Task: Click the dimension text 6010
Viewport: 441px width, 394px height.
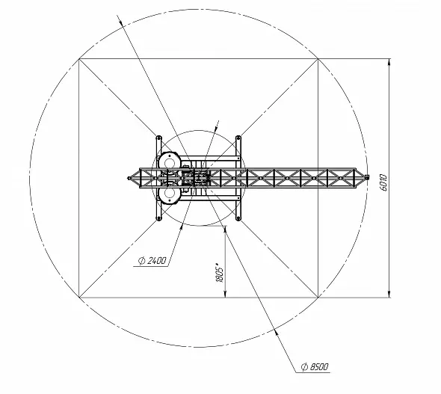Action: click(x=383, y=182)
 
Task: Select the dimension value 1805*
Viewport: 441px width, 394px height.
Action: click(x=220, y=273)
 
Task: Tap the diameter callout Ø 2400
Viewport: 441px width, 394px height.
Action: click(x=152, y=261)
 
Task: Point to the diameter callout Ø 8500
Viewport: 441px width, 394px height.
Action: click(x=315, y=367)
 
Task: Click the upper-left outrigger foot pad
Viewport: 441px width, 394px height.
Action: click(x=159, y=138)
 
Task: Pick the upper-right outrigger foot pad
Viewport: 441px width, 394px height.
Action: click(x=238, y=138)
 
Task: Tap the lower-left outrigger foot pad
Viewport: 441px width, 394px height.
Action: click(x=159, y=218)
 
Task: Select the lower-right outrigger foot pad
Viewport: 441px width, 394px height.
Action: click(x=238, y=218)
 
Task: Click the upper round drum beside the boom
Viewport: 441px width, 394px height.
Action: click(x=169, y=162)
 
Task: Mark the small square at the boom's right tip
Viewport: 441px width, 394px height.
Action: click(x=367, y=177)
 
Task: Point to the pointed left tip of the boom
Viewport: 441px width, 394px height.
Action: click(x=128, y=178)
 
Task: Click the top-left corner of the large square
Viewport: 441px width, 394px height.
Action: click(x=79, y=59)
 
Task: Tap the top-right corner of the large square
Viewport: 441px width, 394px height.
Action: click(x=318, y=59)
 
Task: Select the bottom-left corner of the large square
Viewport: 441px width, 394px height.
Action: click(x=79, y=298)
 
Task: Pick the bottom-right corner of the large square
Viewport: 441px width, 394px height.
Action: click(x=318, y=298)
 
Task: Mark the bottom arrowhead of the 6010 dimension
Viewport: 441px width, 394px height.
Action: click(x=389, y=294)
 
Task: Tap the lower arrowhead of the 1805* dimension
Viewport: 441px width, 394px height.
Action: click(x=225, y=294)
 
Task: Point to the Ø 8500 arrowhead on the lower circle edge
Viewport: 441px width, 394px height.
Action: click(x=277, y=332)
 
